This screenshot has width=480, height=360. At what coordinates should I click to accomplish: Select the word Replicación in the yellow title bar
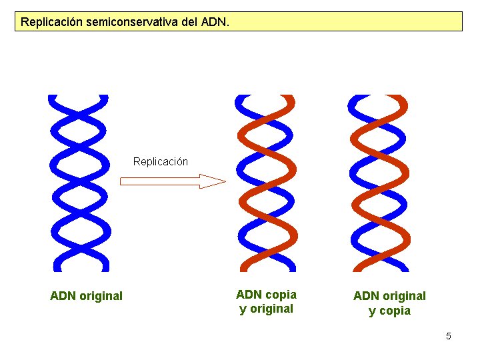[51, 22]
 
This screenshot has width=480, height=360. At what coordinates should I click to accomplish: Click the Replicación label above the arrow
[161, 162]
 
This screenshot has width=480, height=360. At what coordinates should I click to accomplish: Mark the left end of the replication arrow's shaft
[122, 181]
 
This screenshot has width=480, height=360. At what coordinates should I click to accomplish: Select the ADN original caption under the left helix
[86, 296]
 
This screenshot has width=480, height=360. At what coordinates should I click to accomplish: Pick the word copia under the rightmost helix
[395, 311]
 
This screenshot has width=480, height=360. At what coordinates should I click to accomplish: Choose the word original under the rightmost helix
[404, 296]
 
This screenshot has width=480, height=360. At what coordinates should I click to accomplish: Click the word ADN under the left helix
[63, 296]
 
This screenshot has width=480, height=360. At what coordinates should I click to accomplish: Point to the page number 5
[449, 336]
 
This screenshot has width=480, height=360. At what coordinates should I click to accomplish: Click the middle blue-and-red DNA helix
[267, 183]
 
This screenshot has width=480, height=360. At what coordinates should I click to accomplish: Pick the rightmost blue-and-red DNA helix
[379, 183]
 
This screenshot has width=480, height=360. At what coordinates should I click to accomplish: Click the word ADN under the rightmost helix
[366, 296]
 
